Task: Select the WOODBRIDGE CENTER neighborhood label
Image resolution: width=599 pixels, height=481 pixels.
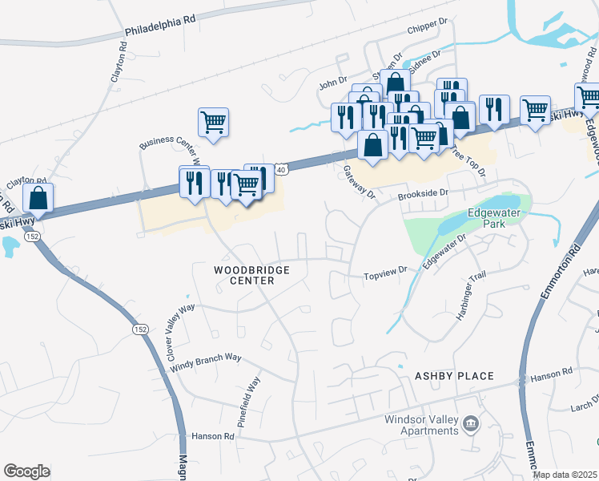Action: [262, 276]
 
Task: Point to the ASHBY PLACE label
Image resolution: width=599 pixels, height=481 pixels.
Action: [454, 376]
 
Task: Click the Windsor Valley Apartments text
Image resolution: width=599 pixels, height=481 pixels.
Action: [421, 425]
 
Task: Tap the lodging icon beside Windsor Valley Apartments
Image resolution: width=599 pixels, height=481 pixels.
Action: [471, 423]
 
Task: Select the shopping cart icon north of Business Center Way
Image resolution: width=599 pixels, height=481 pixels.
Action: [213, 123]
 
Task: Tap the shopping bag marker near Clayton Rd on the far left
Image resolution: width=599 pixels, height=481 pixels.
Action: [38, 196]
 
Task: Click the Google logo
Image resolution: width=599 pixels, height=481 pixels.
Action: [26, 471]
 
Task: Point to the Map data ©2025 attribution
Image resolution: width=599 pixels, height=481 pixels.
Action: [565, 475]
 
